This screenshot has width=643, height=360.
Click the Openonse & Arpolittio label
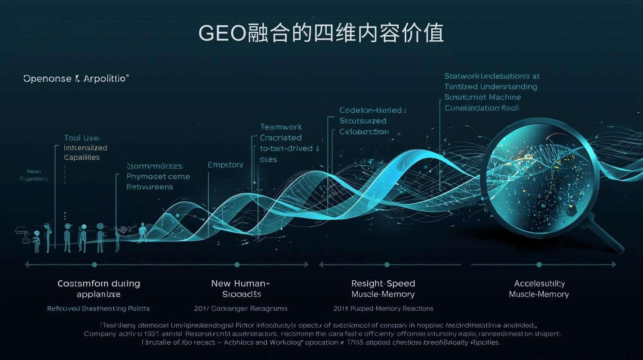point(76,78)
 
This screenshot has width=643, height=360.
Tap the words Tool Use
point(82,138)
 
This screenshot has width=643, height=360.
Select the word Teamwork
point(281,127)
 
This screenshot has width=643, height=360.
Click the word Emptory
point(225,165)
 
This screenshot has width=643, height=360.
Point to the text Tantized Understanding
point(490,87)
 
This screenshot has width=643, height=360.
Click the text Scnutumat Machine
point(482,97)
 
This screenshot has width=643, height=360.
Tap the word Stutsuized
point(362,121)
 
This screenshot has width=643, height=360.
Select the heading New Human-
point(240,283)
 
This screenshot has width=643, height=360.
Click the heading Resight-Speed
point(383,283)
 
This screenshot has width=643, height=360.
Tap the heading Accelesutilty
point(539,284)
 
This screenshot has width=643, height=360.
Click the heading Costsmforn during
point(99,283)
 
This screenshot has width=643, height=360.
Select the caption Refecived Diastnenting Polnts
point(98,309)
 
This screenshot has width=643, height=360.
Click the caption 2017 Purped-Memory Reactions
point(383,309)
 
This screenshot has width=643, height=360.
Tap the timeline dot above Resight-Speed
point(387,265)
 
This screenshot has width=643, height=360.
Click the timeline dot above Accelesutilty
point(539,265)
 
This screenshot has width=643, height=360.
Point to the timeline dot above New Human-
point(237,265)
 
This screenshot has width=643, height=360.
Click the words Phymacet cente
point(158,176)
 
